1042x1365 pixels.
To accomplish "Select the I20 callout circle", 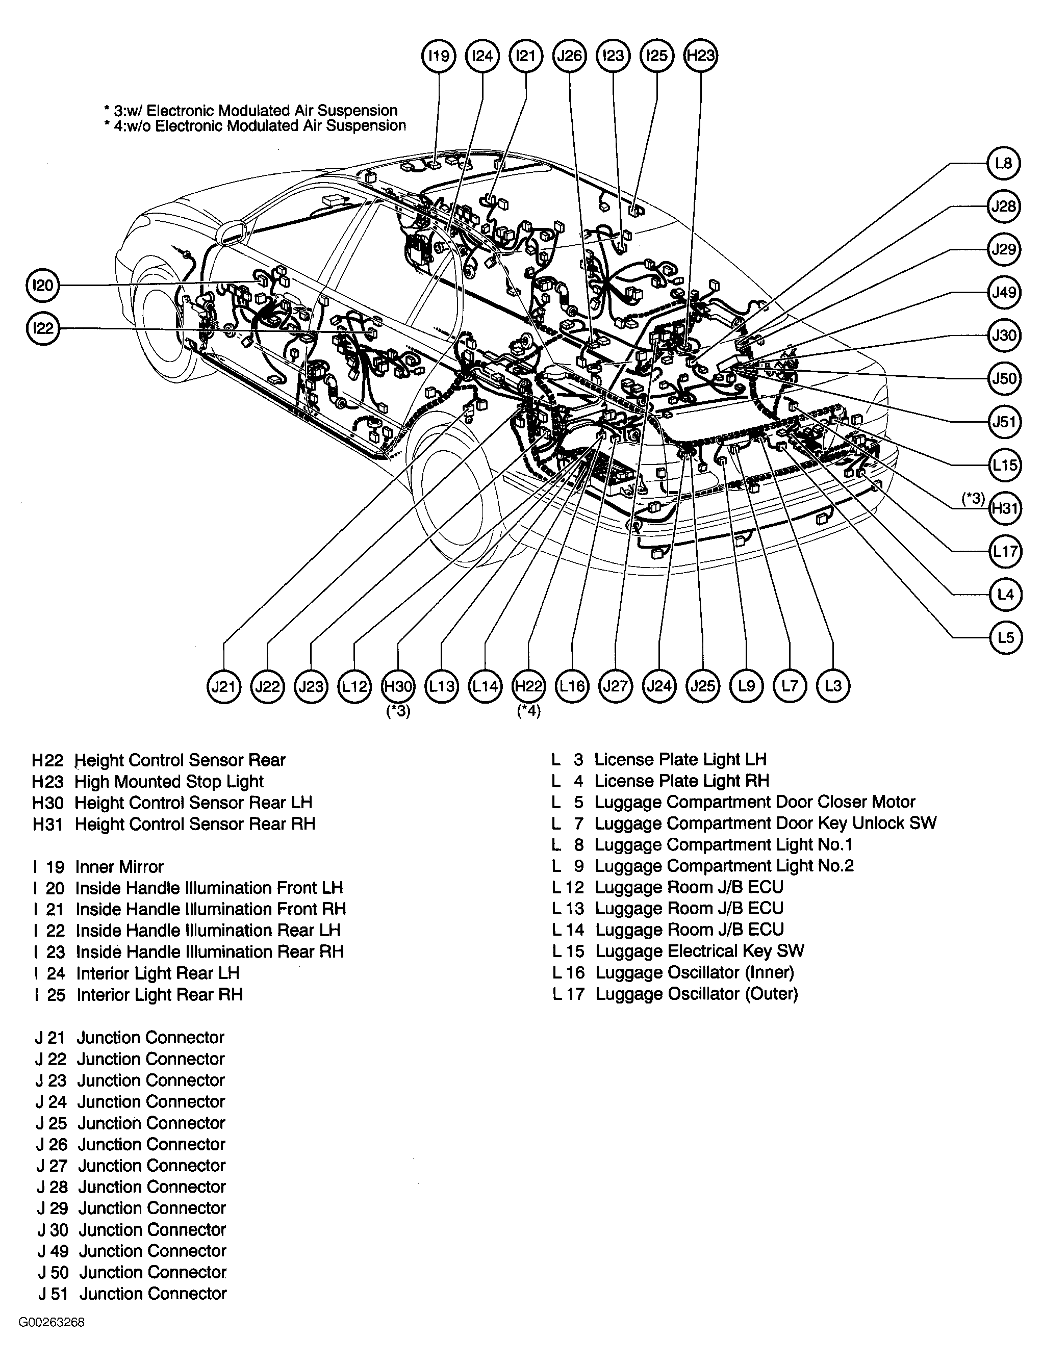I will click(43, 285).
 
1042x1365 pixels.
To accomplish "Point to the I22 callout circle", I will click(43, 328).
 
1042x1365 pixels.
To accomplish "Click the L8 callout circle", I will click(1004, 163).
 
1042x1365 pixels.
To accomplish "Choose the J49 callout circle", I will click(1004, 292).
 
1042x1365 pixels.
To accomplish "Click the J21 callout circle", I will click(223, 686).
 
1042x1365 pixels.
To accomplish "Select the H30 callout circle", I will click(398, 686).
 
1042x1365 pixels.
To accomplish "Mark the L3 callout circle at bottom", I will click(833, 686).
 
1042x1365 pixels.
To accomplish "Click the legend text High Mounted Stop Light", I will click(169, 782).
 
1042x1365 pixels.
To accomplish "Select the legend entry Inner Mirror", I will click(119, 867).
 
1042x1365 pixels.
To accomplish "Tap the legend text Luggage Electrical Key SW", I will click(699, 951).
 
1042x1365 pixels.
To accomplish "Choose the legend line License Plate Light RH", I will click(681, 781).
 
